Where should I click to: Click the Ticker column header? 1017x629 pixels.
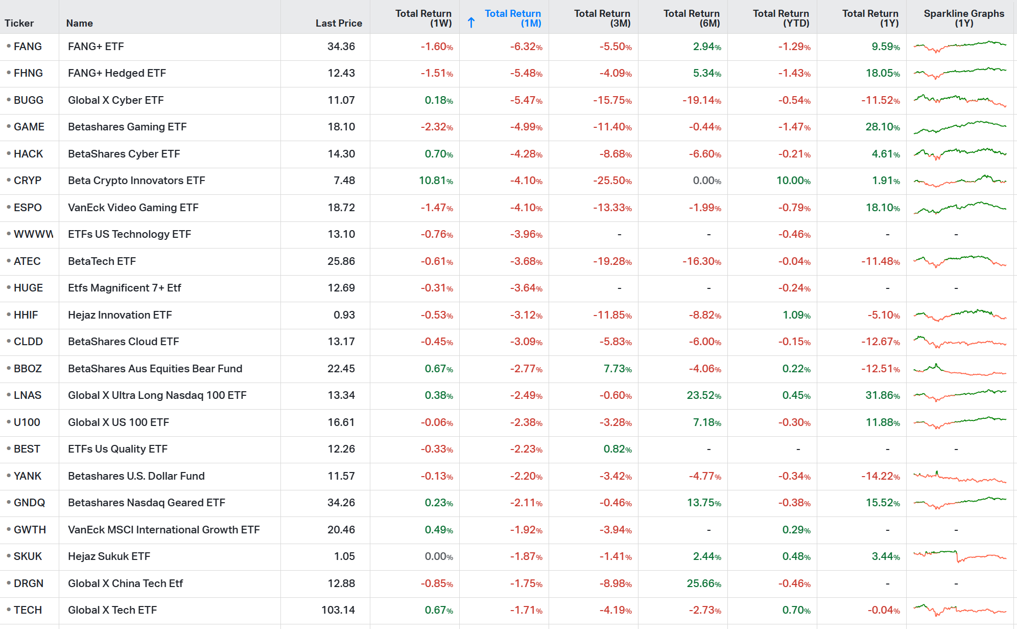tap(19, 23)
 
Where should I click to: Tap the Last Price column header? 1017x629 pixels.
tap(339, 23)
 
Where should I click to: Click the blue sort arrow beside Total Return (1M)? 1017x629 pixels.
tap(471, 23)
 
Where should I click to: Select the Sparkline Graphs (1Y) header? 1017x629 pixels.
tap(963, 18)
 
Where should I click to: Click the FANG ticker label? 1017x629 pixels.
tap(28, 47)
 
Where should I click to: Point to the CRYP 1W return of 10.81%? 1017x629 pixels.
tap(436, 181)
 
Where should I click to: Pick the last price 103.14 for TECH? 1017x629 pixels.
tap(338, 610)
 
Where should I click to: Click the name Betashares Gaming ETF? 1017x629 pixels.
tap(127, 127)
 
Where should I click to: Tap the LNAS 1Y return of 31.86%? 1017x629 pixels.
tap(882, 395)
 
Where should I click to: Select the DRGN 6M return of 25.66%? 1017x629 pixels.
tap(703, 583)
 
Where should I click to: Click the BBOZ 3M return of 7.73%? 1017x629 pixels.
tap(618, 369)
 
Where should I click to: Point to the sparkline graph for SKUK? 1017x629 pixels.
tap(959, 556)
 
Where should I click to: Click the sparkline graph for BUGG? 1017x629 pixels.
tap(959, 100)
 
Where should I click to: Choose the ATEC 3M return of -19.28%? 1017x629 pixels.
tap(612, 261)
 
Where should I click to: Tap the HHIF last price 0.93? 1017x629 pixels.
tap(344, 315)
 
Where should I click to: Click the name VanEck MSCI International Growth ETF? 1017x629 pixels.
tap(163, 530)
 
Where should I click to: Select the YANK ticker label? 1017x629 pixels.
tap(28, 476)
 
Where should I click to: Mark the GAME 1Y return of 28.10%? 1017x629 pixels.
tap(882, 127)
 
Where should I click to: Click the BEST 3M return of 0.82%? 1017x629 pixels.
tap(618, 449)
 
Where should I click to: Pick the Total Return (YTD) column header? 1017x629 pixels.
tap(781, 18)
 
